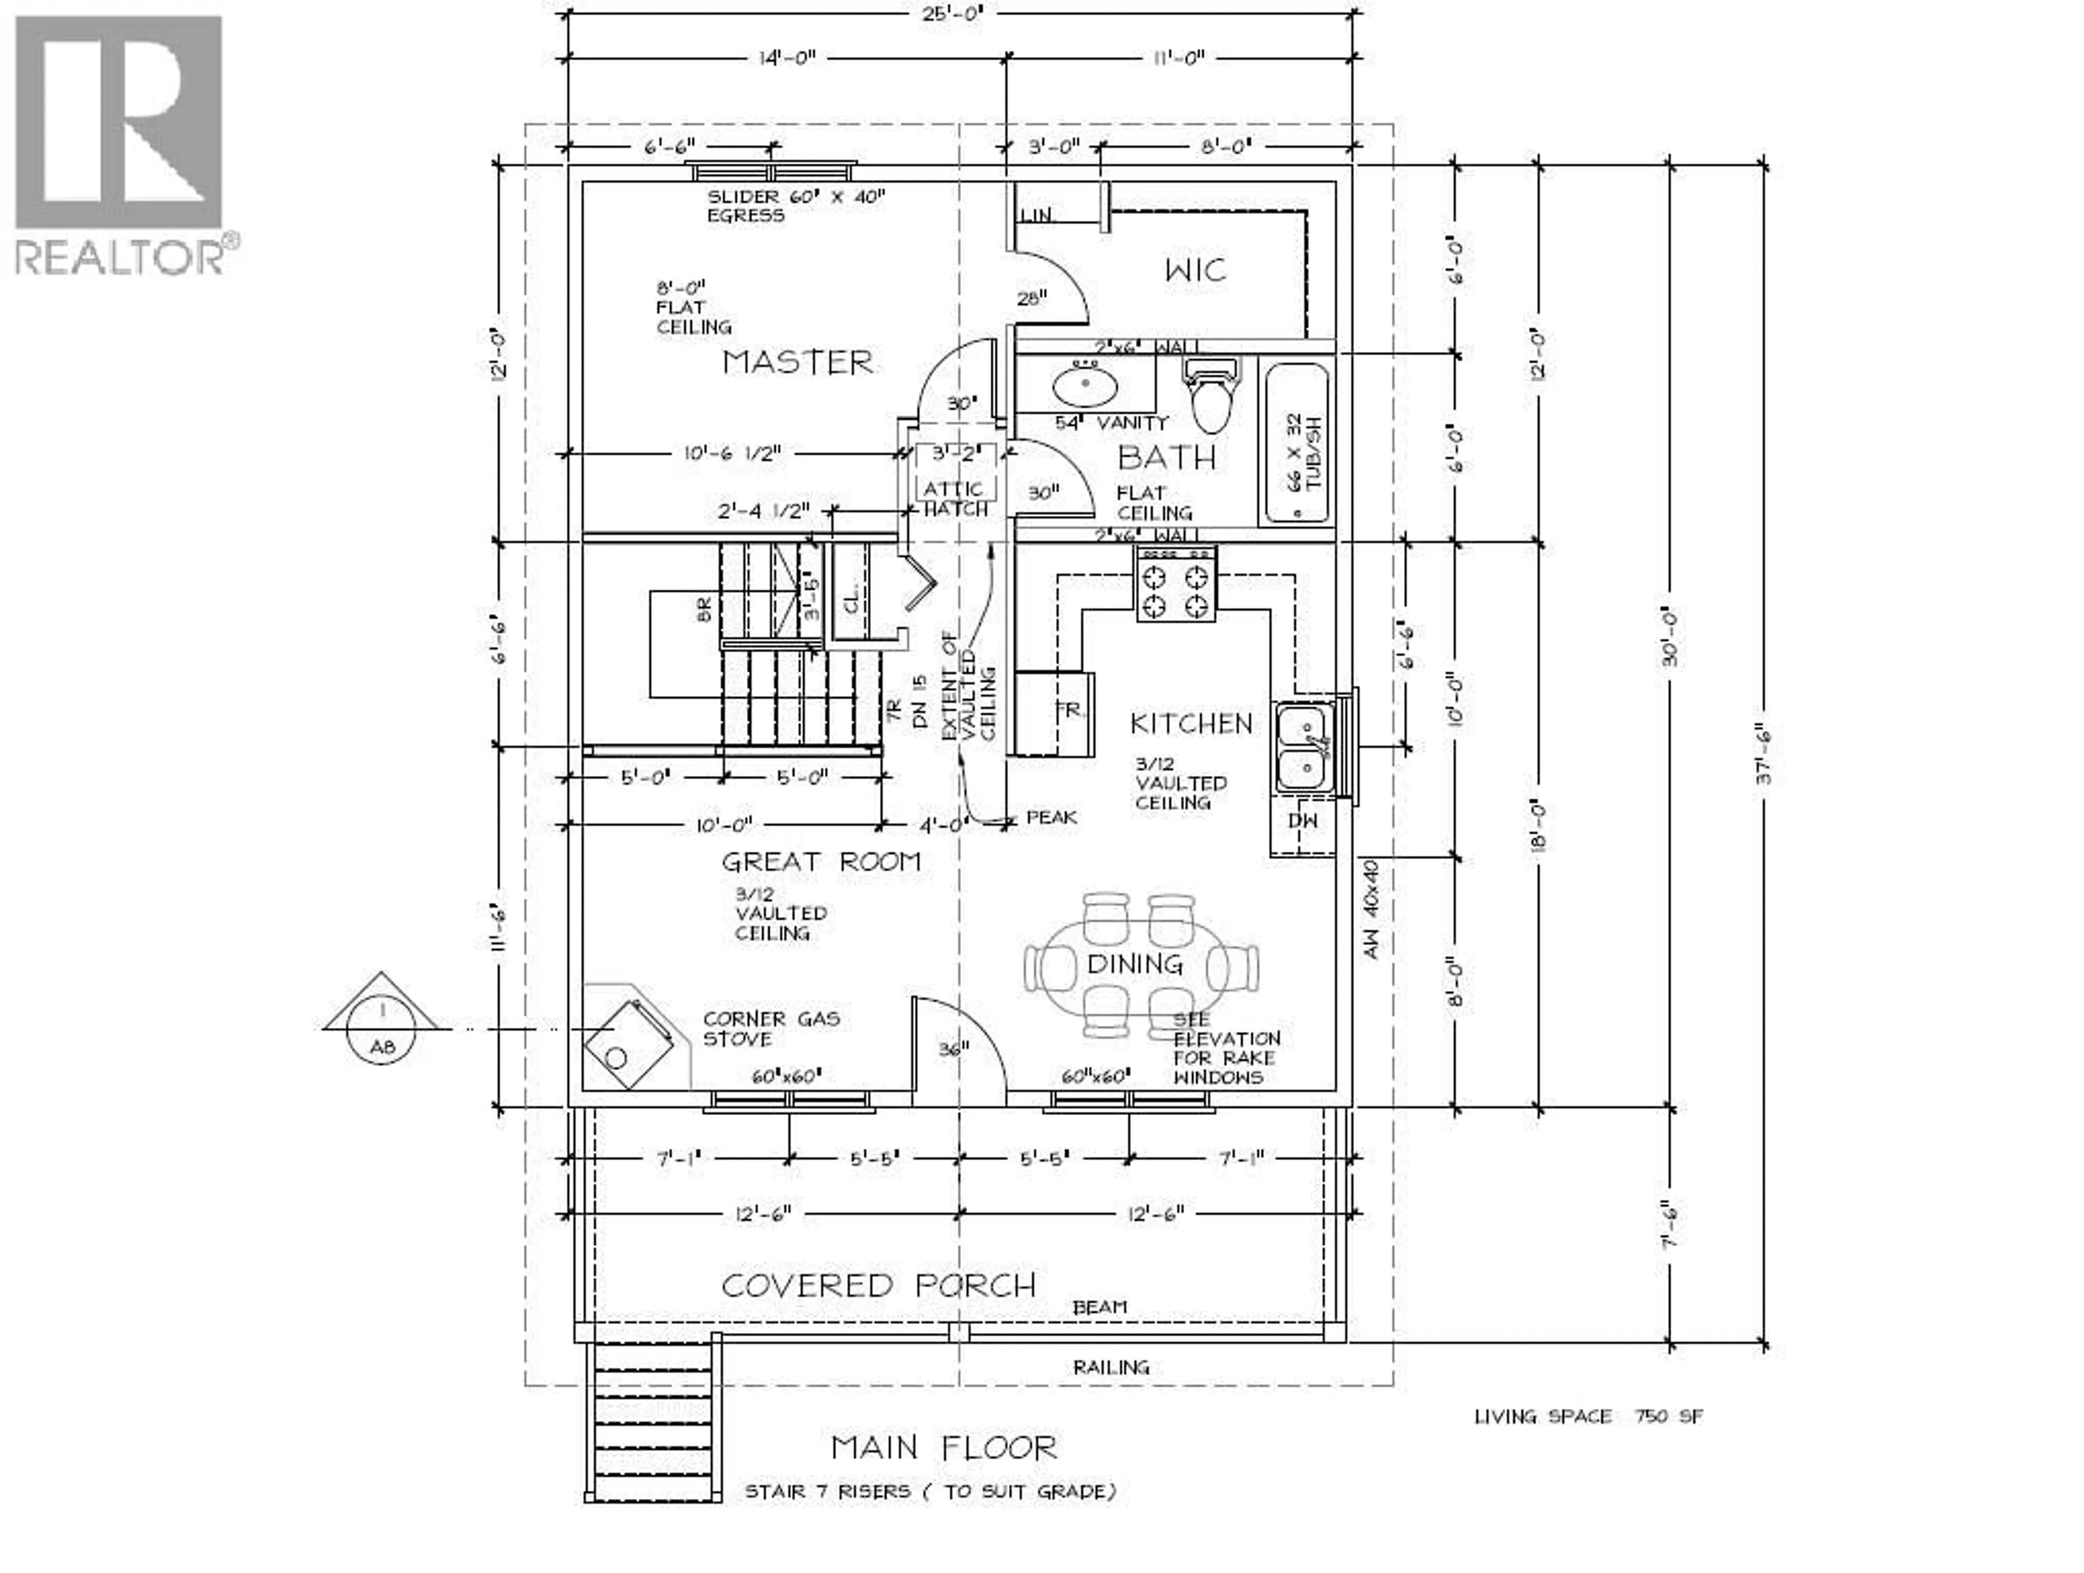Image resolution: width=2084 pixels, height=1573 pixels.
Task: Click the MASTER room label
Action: point(797,362)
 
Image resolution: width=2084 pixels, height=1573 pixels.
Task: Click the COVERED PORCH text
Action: point(878,1286)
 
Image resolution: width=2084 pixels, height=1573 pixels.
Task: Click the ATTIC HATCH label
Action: point(955,498)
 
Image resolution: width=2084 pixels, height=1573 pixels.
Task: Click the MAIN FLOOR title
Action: point(944,1448)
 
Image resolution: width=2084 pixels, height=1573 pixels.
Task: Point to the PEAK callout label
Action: point(1051,817)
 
